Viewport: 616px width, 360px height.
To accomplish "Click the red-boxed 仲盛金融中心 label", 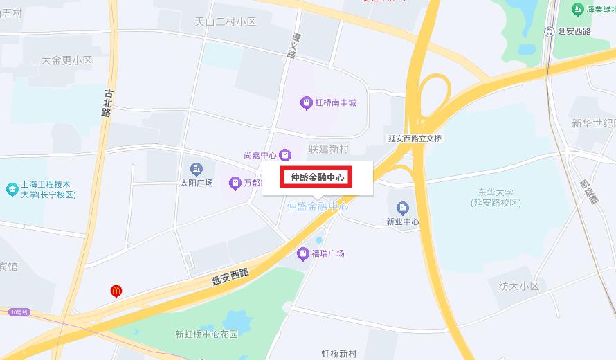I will [317, 177].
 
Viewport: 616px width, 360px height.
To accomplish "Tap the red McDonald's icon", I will [118, 291].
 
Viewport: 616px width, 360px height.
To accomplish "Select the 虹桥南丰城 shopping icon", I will [306, 103].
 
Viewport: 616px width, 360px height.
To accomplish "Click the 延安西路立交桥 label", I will [415, 138].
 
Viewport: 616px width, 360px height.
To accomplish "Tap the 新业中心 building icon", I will [402, 207].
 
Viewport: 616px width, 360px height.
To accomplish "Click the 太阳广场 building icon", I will [197, 169].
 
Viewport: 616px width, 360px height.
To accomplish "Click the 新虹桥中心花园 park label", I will [206, 334].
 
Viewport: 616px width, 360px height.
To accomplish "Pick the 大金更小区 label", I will [66, 60].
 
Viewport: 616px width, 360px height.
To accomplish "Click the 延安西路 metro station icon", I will [550, 31].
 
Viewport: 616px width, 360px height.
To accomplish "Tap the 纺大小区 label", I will [518, 285].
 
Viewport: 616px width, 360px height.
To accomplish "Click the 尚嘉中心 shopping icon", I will [285, 155].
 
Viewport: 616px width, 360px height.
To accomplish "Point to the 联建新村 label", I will [329, 149].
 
